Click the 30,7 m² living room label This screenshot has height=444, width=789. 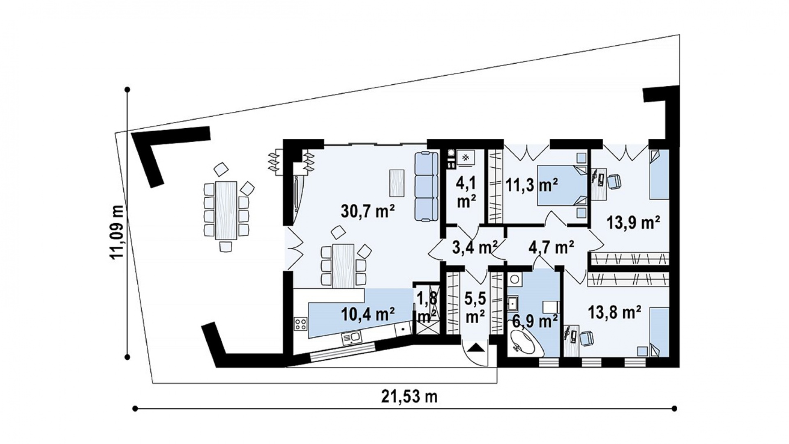(368, 212)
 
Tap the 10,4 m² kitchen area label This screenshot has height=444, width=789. (368, 314)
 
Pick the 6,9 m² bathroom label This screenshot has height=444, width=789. (534, 321)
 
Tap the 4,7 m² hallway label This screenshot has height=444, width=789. (551, 248)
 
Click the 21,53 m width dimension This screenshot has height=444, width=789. (409, 397)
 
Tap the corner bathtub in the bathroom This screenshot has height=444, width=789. (526, 343)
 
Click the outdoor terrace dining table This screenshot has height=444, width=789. (226, 210)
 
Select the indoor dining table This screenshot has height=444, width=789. (343, 266)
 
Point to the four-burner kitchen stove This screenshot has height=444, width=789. (301, 325)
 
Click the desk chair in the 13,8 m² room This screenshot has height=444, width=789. (587, 338)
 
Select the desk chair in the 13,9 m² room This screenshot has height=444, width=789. (614, 181)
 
